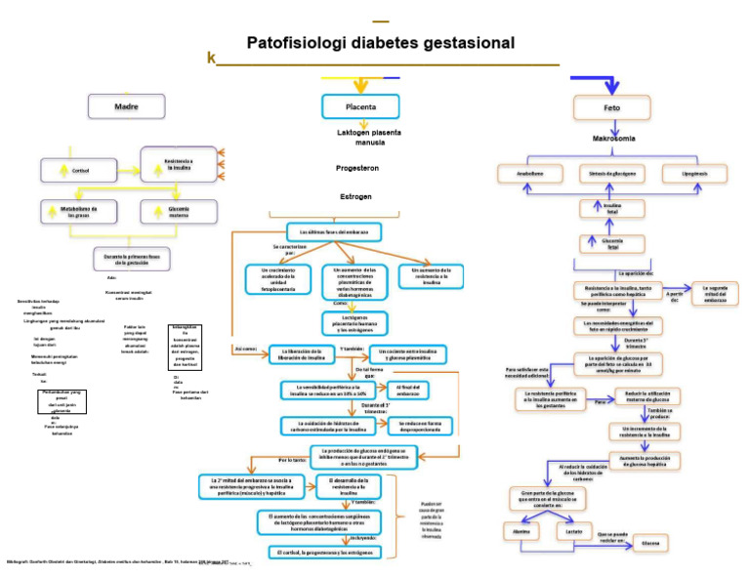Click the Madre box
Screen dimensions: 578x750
pyautogui.click(x=126, y=105)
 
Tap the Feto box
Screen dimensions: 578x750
pyautogui.click(x=611, y=106)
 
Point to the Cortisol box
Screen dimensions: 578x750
pyautogui.click(x=81, y=170)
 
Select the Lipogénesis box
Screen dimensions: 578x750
pyautogui.click(x=694, y=174)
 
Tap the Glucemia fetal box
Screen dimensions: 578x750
pyautogui.click(x=613, y=243)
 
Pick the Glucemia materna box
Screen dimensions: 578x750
pyautogui.click(x=179, y=211)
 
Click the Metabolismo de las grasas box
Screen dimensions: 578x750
pyautogui.click(x=79, y=211)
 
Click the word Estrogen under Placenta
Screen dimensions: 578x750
pyautogui.click(x=355, y=196)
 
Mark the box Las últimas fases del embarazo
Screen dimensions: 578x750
pyautogui.click(x=334, y=231)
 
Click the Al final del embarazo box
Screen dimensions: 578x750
pyautogui.click(x=408, y=389)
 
